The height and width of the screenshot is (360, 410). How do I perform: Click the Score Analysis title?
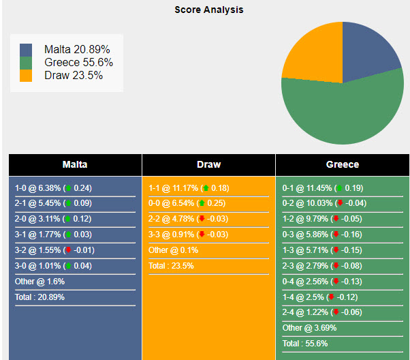(208, 10)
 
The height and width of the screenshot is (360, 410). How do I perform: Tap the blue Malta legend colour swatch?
(26, 50)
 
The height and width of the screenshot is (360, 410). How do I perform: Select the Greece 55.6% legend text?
(78, 63)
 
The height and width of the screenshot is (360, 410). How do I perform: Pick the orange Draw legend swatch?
(26, 76)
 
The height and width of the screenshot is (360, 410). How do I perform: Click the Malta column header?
(75, 164)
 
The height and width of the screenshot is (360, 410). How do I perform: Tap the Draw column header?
(208, 164)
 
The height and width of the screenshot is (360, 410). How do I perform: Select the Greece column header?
(343, 164)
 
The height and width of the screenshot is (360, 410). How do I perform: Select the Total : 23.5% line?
(171, 265)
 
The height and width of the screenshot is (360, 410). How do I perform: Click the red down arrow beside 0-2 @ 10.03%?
(339, 203)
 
